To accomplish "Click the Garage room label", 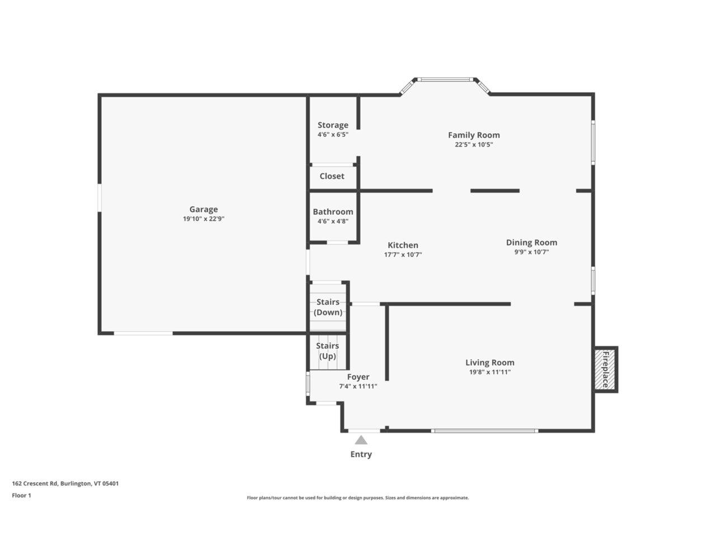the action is tap(204, 209).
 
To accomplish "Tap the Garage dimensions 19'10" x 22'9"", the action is tap(204, 219).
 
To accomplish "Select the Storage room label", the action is tap(333, 125).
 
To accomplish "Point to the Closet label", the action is tap(332, 176).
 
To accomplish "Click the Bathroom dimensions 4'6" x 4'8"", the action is tap(333, 222).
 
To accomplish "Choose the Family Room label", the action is tap(474, 135).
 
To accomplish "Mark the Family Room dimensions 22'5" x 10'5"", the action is tap(474, 144).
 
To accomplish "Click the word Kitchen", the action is tap(403, 245).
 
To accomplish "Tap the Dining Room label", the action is tap(531, 243).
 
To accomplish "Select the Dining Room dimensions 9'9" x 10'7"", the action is tap(531, 252).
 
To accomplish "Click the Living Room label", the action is tap(489, 362).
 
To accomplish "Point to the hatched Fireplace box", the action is tap(605, 370).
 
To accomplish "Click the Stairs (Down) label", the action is tap(328, 307).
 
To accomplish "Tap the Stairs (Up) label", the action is tap(327, 351).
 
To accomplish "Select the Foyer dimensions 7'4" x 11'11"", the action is tap(358, 387).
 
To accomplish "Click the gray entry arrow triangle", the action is tap(361, 440).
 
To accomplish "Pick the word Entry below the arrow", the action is tap(361, 455).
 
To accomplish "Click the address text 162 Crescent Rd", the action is tap(35, 483).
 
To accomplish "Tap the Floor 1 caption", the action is tap(21, 496).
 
